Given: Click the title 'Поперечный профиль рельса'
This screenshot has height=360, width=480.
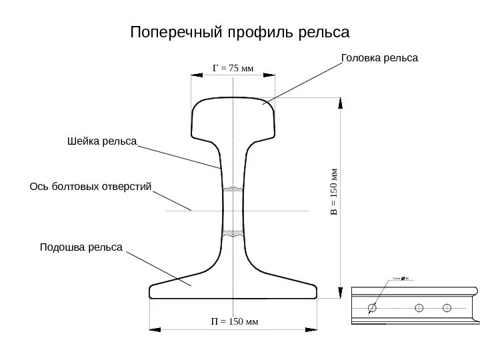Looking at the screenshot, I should (x=240, y=33).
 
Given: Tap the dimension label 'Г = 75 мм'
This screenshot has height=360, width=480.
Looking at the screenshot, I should (x=233, y=68).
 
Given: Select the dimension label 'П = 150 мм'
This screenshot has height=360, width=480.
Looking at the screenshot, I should (x=234, y=322).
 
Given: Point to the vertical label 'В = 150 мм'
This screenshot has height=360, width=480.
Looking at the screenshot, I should (x=335, y=192).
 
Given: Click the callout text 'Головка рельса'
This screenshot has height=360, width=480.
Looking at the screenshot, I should (x=379, y=59).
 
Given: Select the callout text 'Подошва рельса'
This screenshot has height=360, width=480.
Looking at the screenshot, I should (x=81, y=247).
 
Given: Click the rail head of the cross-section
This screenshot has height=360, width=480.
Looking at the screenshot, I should (x=233, y=117).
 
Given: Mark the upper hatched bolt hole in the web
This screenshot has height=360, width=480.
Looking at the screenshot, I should (x=233, y=189).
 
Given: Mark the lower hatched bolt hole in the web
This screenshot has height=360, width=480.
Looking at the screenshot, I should (x=233, y=233).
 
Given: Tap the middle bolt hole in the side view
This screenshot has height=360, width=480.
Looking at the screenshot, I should (x=419, y=307).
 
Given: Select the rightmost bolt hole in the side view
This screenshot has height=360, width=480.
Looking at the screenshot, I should (x=447, y=307).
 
